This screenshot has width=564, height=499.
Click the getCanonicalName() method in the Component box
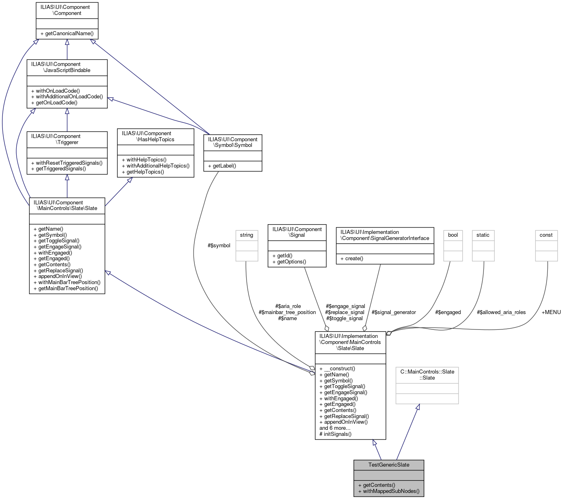pos(67,33)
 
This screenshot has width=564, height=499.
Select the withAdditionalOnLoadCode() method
pos(67,97)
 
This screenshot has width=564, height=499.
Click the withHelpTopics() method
pos(146,159)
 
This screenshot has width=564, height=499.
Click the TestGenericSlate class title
pos(389,465)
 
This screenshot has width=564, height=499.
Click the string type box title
pos(247,235)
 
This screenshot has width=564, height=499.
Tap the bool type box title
pos(453,235)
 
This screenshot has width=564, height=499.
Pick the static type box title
pos(483,235)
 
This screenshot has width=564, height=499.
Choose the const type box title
pos(546,235)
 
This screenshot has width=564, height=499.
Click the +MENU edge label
pos(551,312)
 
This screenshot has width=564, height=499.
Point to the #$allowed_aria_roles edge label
pos(501,312)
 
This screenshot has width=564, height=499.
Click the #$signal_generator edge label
pos(394,312)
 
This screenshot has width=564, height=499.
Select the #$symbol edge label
pos(219,245)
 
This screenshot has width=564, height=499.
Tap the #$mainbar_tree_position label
pos(287,312)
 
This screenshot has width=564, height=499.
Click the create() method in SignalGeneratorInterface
pos(354,258)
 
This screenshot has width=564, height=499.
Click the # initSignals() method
pos(335,434)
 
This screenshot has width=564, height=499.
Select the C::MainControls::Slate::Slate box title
pos(427,374)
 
